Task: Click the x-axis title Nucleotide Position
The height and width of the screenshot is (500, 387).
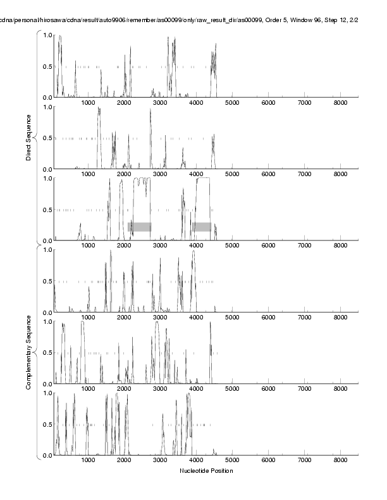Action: (x=206, y=471)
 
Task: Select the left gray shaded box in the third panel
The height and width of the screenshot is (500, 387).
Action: (x=140, y=227)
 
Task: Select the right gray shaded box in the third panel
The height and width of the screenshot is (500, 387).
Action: (x=202, y=227)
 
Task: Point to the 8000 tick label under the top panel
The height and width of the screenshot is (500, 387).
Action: (x=340, y=102)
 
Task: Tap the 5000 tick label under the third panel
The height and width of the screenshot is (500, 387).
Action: (x=232, y=246)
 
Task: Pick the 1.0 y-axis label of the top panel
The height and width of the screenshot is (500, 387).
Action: (x=47, y=35)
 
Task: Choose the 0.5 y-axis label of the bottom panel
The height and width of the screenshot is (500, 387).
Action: (x=47, y=424)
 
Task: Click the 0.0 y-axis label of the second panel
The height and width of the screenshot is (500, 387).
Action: (x=47, y=169)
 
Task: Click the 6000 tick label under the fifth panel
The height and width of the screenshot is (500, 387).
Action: (x=268, y=389)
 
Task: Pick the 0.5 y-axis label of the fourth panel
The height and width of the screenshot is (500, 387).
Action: (x=47, y=282)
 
